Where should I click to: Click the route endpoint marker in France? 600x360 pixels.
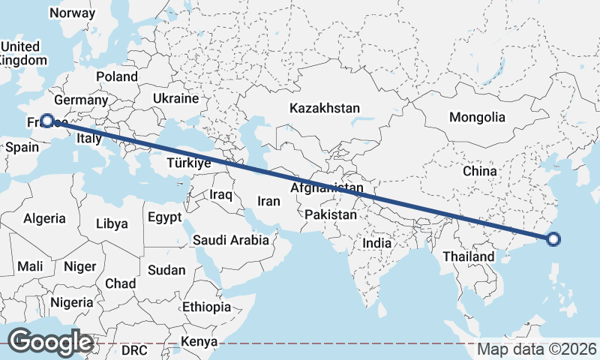coord(47,121)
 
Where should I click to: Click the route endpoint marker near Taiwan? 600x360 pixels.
coord(553,240)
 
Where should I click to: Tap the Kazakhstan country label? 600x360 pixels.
coord(325,108)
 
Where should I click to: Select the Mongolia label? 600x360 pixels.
coord(477,118)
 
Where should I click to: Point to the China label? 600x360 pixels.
coord(479,171)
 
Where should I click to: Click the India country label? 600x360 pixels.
coord(376,243)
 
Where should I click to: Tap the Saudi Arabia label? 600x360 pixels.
coord(230,241)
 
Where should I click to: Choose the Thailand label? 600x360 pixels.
coord(468,256)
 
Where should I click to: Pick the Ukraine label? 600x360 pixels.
coord(175,98)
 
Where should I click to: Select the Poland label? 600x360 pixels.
coord(117,76)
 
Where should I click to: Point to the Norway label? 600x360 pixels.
coord(72,13)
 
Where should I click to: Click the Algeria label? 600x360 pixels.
coord(44,218)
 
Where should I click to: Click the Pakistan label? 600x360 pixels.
coord(331,214)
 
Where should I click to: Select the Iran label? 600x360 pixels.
coord(268,201)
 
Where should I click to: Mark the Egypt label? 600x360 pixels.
coord(165,217)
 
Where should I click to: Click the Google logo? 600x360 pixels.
coord(50,342)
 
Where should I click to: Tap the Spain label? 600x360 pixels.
coord(22,148)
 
